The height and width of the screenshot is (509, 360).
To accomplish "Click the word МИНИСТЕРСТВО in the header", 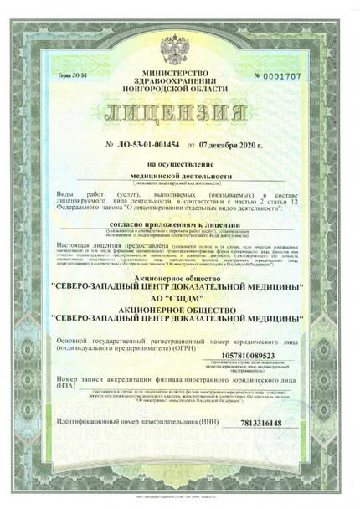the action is pos(179,74).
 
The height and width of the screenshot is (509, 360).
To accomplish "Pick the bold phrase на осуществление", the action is pos(179,166).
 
